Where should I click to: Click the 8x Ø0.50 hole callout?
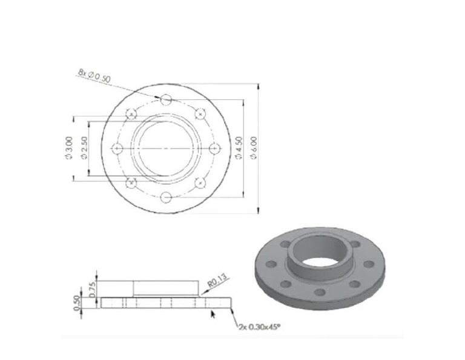click(94, 76)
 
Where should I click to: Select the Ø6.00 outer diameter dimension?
click(254, 148)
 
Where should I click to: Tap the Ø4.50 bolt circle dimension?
click(239, 148)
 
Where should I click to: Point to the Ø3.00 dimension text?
click(68, 148)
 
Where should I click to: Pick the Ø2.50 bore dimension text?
click(84, 148)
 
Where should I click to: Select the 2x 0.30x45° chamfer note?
click(260, 327)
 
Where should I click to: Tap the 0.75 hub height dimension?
click(93, 289)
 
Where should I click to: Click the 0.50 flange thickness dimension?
click(77, 303)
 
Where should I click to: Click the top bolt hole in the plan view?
click(166, 100)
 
